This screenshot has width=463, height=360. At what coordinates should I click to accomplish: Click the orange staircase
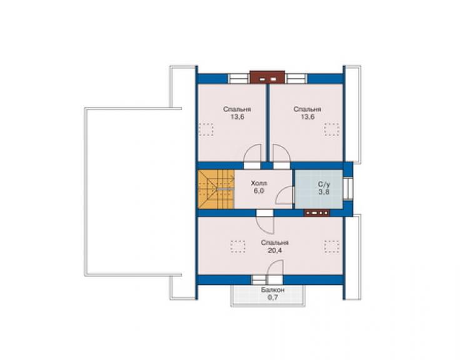click(x=216, y=189)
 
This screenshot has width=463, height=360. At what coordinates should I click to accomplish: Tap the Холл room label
click(x=258, y=183)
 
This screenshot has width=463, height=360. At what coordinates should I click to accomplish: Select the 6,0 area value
click(x=258, y=191)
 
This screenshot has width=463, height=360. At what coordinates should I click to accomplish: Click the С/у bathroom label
click(x=324, y=185)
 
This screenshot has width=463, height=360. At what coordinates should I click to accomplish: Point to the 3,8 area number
click(x=324, y=192)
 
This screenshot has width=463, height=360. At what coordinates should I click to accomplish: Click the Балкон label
click(x=273, y=290)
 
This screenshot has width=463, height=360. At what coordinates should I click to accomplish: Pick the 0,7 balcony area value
click(x=273, y=297)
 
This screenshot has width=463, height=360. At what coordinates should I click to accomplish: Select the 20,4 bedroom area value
click(x=275, y=250)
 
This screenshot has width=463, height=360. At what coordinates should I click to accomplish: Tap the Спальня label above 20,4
click(x=275, y=243)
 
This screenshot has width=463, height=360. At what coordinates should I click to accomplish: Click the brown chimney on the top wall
click(x=268, y=77)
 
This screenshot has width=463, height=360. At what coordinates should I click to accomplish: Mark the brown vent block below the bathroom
click(x=317, y=212)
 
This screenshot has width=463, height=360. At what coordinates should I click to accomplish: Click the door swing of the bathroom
click(x=285, y=196)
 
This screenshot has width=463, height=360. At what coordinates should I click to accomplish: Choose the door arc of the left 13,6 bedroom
click(x=253, y=153)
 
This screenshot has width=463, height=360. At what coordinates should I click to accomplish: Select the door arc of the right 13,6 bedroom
click(x=282, y=153)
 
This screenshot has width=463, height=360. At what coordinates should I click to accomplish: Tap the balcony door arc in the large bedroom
click(x=275, y=268)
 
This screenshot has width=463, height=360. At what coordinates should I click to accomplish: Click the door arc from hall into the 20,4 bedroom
click(x=265, y=225)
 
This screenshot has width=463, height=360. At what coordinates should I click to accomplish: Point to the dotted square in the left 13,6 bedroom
click(x=206, y=130)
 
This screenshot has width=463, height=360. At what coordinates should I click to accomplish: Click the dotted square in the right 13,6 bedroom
click(x=332, y=130)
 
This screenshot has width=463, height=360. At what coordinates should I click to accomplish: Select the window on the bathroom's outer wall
click(x=348, y=188)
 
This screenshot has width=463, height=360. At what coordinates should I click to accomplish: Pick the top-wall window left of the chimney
click(x=239, y=79)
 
